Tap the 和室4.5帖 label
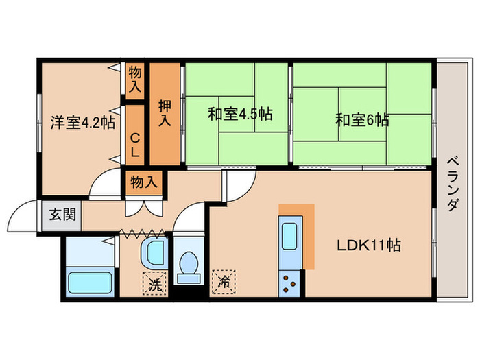tap(240, 114)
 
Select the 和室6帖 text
tap(362, 121)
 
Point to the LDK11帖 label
tap(368, 245)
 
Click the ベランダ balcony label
tap(452, 182)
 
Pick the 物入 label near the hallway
tap(145, 182)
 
